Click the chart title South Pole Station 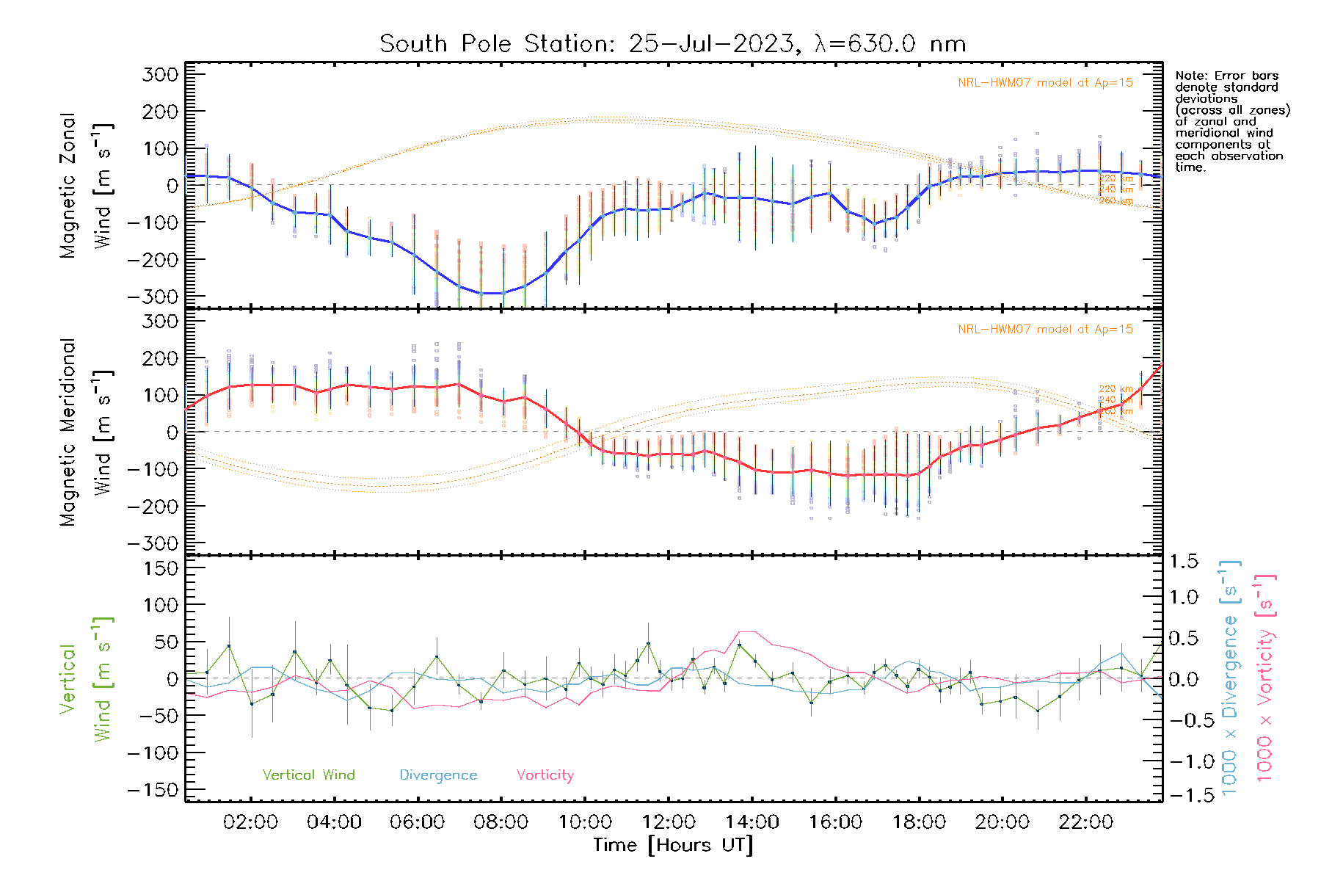[x=672, y=44]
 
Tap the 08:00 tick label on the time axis [x=501, y=822]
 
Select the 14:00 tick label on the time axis [x=752, y=822]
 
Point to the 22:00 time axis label [x=1085, y=822]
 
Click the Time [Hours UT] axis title [x=673, y=846]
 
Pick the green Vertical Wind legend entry [x=308, y=775]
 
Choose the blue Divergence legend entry [x=438, y=775]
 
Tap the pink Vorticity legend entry [x=545, y=775]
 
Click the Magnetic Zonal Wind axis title [x=87, y=186]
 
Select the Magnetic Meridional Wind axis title [x=87, y=432]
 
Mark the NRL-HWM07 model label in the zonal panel [x=1045, y=83]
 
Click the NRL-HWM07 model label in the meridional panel [x=1045, y=330]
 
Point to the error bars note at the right [x=1231, y=121]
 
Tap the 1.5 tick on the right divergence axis [x=1183, y=562]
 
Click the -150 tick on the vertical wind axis [x=153, y=791]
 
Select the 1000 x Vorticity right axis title [x=1264, y=678]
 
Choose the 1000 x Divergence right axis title [x=1230, y=678]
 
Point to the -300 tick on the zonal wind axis [x=153, y=297]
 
